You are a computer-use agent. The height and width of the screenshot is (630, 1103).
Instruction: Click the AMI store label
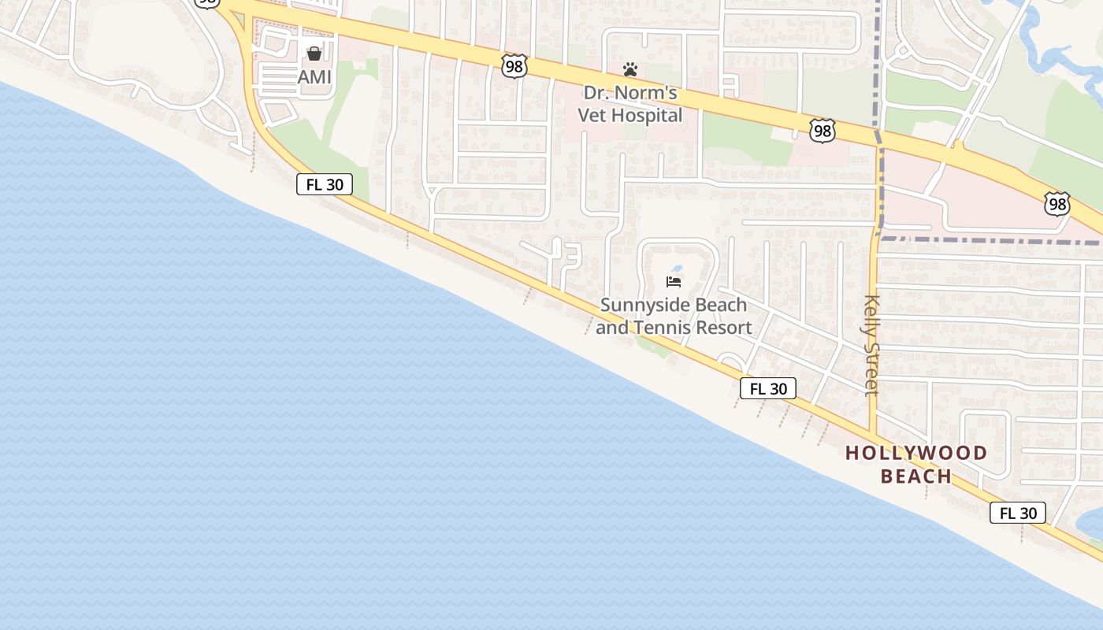tap(314, 77)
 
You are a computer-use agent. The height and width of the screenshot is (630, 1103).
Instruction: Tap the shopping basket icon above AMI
tap(314, 54)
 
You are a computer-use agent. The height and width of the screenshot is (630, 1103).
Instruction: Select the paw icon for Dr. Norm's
tap(629, 69)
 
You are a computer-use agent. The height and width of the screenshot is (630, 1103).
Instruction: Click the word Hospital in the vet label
tap(651, 116)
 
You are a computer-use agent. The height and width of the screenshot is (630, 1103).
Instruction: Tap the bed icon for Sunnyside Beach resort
tap(674, 281)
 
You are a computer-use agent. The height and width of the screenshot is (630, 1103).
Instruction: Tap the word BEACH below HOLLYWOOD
tap(916, 476)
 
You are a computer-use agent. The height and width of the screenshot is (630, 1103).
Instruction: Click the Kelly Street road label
tap(871, 345)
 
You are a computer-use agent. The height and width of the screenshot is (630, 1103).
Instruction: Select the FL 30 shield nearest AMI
tap(324, 185)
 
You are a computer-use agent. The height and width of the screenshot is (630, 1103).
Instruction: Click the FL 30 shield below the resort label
tap(768, 388)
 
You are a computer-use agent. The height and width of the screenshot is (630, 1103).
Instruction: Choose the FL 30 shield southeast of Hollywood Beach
tap(1018, 513)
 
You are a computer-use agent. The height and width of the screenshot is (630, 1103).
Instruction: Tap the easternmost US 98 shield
tap(1057, 205)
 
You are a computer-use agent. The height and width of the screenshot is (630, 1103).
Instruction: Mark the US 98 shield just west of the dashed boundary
tap(822, 131)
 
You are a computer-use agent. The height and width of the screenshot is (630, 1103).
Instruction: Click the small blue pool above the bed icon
tap(677, 269)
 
